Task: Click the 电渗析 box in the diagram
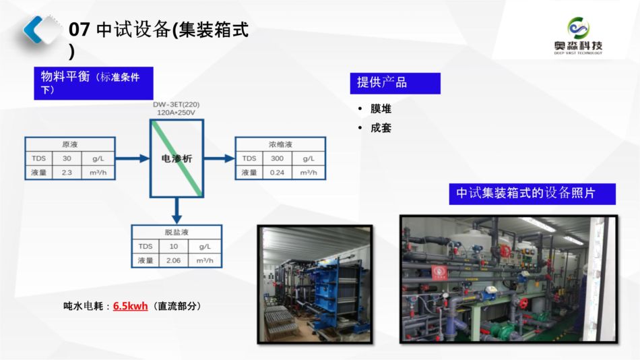point(177,158)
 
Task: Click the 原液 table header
point(69,144)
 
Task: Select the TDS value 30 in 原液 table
point(67,159)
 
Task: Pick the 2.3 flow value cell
point(67,173)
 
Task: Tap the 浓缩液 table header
point(280,144)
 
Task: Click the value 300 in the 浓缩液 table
point(277,159)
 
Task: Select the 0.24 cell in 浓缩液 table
point(277,173)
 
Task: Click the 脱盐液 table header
point(177,231)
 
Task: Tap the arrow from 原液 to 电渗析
point(132,158)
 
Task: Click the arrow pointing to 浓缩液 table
point(219,158)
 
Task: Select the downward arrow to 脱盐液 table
point(177,210)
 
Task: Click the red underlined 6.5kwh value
point(130,306)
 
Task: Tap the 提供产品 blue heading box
point(395,83)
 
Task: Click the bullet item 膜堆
point(381,109)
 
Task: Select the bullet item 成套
point(381,127)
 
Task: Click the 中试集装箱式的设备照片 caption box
point(532,193)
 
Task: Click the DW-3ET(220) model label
point(176,104)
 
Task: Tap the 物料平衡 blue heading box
point(94,83)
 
